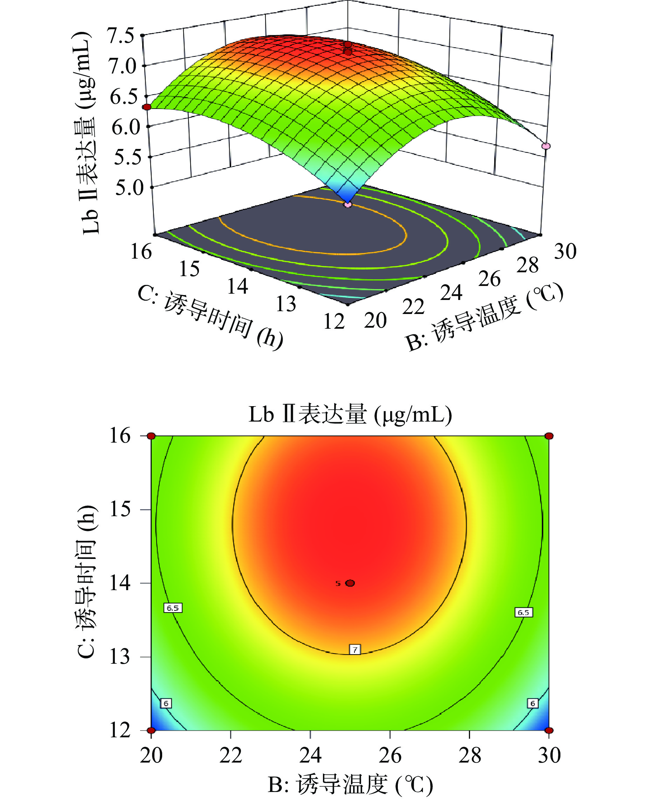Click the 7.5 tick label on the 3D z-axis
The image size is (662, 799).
tap(120, 36)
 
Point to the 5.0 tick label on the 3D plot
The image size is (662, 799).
tap(129, 188)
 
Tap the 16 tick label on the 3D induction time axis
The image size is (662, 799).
tap(141, 252)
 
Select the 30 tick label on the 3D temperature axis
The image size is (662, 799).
tap(565, 252)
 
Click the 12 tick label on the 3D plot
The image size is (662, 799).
tap(334, 321)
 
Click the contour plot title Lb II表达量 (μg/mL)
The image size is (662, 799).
tap(350, 414)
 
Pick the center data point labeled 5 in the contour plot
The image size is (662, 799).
tap(350, 583)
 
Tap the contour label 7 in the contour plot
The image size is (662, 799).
tap(355, 649)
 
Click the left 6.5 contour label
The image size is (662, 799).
tap(173, 608)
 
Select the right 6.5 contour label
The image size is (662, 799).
tap(524, 613)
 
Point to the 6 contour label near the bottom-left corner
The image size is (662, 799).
tap(166, 703)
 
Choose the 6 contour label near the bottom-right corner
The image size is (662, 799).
tap(533, 703)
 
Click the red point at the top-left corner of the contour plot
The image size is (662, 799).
tap(152, 436)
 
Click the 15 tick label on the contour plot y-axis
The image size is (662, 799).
tap(120, 510)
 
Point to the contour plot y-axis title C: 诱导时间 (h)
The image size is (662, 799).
tap(87, 582)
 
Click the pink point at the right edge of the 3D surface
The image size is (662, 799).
tap(546, 146)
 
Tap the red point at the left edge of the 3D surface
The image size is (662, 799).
tap(147, 107)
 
